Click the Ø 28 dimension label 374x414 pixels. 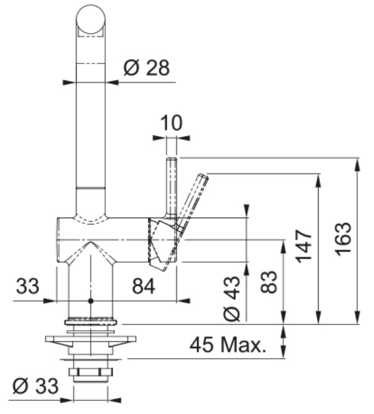[146, 68]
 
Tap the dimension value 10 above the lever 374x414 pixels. [171, 123]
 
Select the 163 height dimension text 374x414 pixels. [344, 239]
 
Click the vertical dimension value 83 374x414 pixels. [269, 282]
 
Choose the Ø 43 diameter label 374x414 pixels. [231, 298]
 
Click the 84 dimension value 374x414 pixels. [144, 287]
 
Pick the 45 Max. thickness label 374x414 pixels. [228, 345]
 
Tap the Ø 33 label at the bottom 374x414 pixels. [35, 386]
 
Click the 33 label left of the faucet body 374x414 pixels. [27, 286]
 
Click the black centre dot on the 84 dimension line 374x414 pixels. [91, 301]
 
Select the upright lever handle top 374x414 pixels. [171, 160]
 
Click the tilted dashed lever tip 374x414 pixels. [203, 177]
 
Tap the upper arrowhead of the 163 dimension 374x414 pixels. [357, 165]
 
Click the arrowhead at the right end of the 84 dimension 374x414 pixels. [183, 301]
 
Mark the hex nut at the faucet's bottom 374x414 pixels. [90, 372]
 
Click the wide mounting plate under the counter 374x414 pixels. [91, 339]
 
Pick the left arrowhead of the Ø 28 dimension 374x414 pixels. [69, 83]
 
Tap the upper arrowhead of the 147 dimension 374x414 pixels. [319, 181]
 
